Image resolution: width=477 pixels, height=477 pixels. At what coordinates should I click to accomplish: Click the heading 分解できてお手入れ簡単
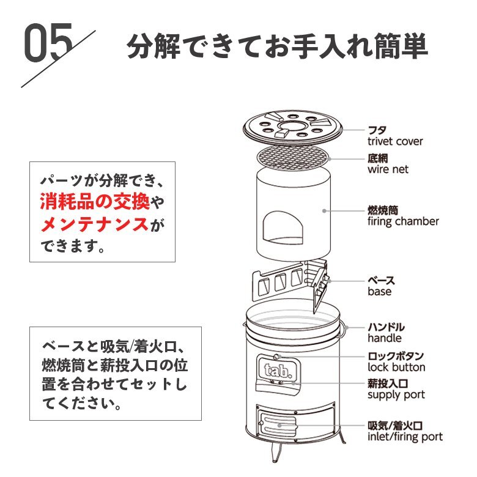click(x=277, y=47)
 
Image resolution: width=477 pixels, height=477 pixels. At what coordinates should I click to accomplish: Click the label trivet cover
click(x=395, y=141)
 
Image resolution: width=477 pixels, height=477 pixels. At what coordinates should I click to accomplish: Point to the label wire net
click(x=388, y=169)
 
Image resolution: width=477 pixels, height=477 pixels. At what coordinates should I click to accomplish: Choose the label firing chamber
click(x=403, y=221)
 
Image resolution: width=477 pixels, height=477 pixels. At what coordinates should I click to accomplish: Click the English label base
click(x=380, y=292)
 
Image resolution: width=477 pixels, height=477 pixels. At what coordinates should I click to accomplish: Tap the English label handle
click(x=385, y=338)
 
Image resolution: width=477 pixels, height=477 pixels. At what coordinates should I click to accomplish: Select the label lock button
click(x=396, y=368)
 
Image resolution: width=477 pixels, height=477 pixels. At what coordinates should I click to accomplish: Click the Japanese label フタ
click(x=377, y=130)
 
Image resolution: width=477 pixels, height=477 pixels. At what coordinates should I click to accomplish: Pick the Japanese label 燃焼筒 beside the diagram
click(x=383, y=209)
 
